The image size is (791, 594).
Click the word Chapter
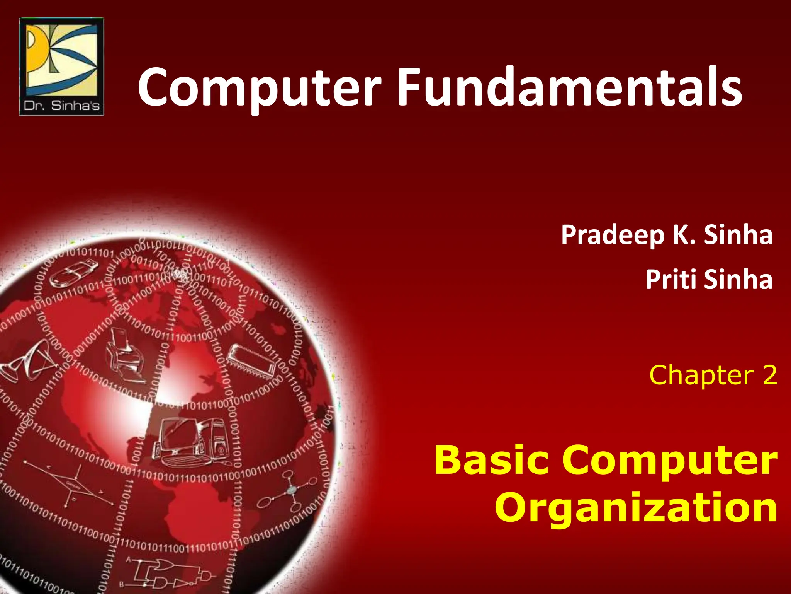701,376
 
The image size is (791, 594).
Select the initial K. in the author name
684,235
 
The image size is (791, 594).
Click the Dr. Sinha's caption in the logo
62,106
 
